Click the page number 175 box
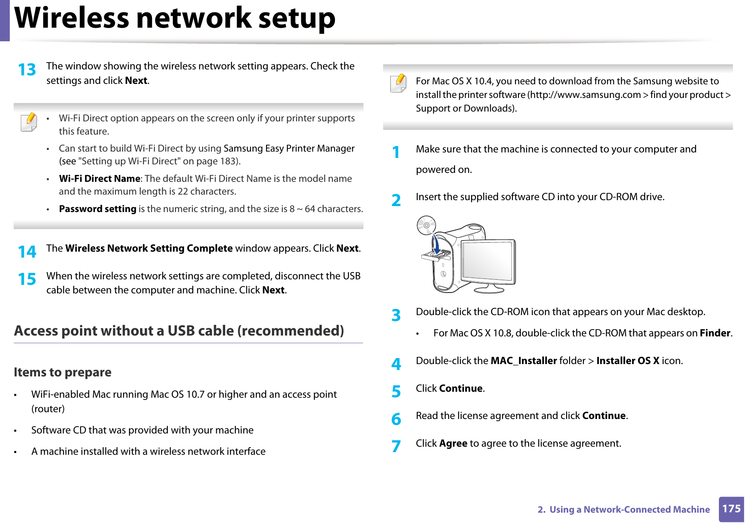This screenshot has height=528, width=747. tap(731, 509)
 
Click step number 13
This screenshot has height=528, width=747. tap(27, 70)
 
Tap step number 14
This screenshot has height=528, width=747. tap(27, 252)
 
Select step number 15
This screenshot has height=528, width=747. tap(27, 279)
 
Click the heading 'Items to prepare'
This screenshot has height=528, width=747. tap(63, 372)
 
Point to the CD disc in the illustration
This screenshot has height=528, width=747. tap(426, 225)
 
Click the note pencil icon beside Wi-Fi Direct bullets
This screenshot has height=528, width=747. tap(29, 122)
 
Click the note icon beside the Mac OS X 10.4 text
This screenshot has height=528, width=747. tap(398, 83)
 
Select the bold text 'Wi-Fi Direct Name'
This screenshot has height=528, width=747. tap(100, 179)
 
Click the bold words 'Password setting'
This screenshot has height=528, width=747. tap(97, 209)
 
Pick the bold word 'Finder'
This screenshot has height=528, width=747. tap(715, 333)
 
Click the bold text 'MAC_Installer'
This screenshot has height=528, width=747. tap(524, 361)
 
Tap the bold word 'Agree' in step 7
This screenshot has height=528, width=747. tap(453, 443)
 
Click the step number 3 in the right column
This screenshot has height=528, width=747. tap(396, 316)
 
